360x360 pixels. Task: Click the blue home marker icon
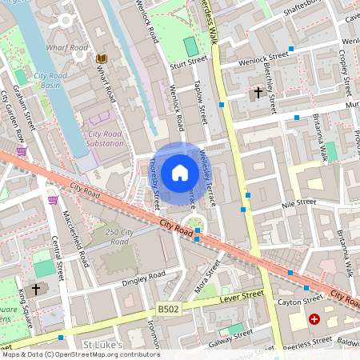[x=180, y=173]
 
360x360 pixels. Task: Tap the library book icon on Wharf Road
[x=102, y=58]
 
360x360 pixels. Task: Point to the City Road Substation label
[x=106, y=138]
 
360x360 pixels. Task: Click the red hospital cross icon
[x=314, y=318]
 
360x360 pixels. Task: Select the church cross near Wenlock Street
[x=258, y=93]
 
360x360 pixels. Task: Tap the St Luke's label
[x=102, y=345]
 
